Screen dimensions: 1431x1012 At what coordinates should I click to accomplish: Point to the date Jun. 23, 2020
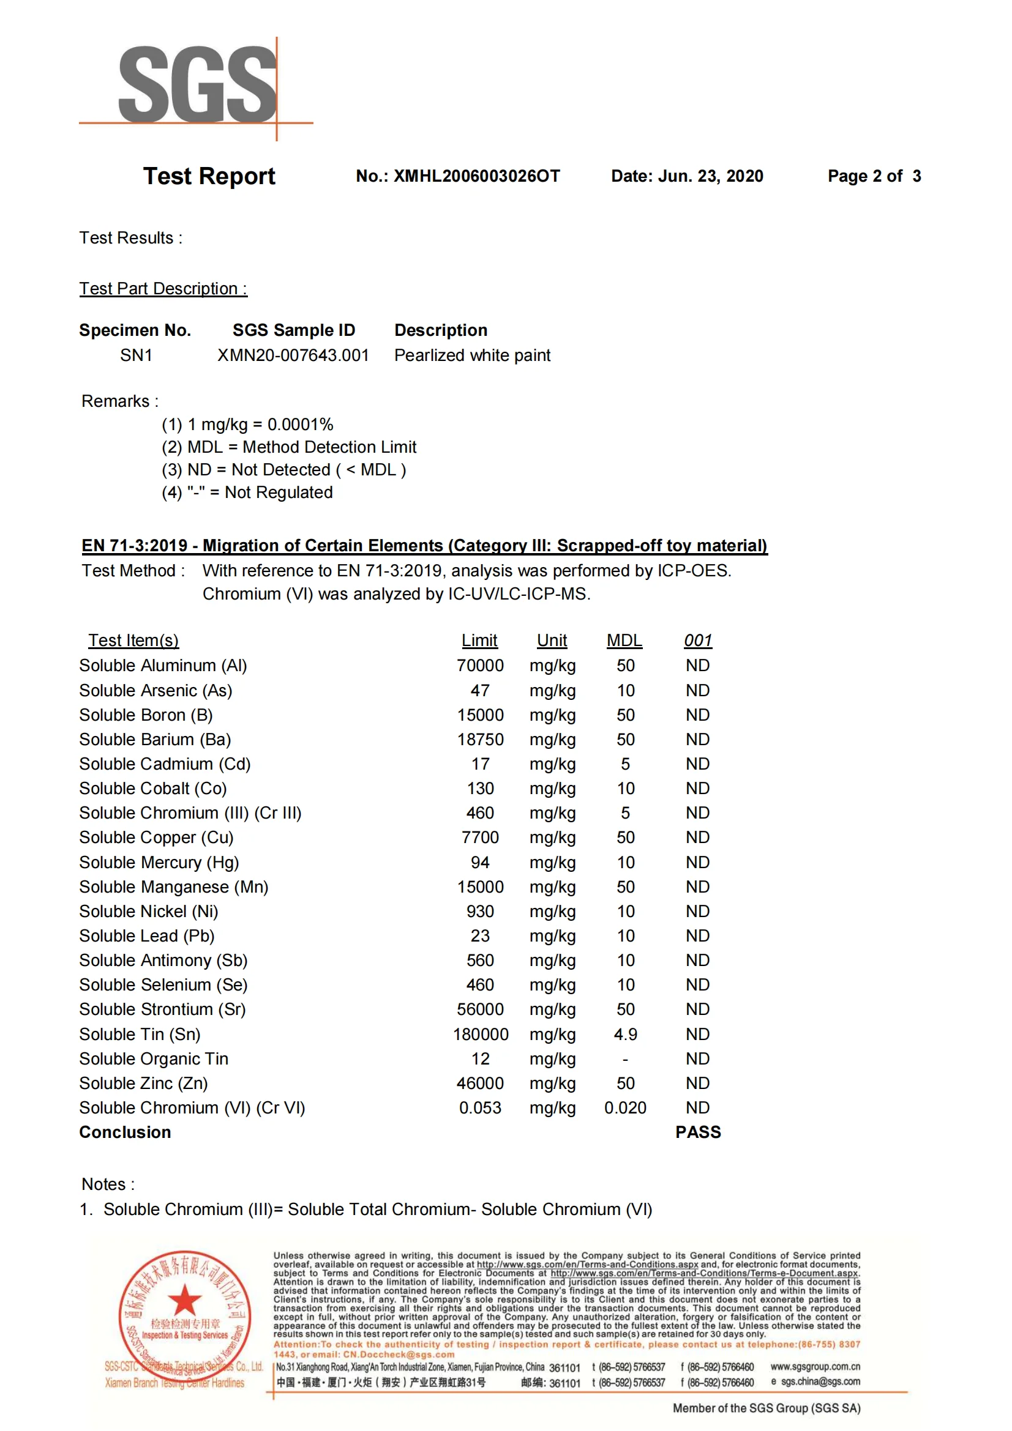click(710, 176)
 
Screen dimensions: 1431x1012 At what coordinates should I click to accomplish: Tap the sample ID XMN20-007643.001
click(293, 355)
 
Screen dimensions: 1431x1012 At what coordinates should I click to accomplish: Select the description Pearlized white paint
click(472, 355)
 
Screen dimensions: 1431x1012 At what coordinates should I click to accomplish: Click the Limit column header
click(479, 640)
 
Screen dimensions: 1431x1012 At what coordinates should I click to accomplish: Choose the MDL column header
click(624, 640)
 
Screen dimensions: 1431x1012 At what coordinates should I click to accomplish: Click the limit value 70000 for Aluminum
click(479, 666)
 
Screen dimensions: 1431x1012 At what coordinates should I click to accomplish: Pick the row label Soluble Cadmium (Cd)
click(165, 764)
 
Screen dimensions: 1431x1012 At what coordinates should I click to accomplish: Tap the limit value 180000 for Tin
click(480, 1035)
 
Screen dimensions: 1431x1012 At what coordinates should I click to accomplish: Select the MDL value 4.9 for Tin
click(626, 1035)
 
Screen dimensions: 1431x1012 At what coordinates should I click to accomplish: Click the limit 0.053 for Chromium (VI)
click(479, 1108)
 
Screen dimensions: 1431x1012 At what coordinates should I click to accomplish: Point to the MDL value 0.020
click(626, 1108)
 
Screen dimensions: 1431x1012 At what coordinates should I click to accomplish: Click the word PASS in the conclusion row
click(698, 1132)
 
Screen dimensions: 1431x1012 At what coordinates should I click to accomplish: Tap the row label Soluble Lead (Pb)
click(146, 936)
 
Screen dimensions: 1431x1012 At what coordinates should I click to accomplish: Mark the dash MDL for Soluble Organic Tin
click(626, 1059)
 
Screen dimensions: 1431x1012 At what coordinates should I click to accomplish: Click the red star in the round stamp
click(184, 1299)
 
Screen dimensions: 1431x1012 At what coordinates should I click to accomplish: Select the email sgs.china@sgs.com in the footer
click(820, 1382)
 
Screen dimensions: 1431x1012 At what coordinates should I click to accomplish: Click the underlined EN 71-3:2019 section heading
click(424, 546)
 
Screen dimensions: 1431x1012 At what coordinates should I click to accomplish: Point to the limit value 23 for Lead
click(479, 936)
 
